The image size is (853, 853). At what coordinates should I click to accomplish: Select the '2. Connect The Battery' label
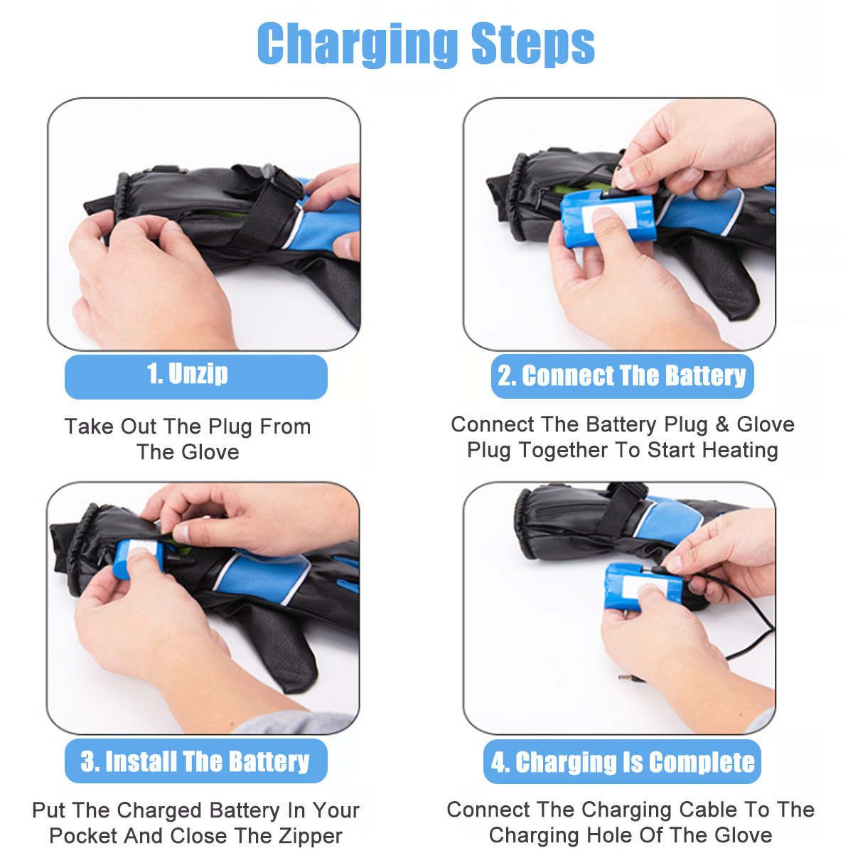click(x=622, y=376)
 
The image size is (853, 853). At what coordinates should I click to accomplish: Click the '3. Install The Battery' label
click(x=195, y=761)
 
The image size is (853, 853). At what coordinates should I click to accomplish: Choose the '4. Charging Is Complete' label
click(x=622, y=762)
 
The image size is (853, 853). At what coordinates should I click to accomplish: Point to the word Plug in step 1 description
click(x=232, y=426)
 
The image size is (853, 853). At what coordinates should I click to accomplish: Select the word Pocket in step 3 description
click(x=80, y=836)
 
